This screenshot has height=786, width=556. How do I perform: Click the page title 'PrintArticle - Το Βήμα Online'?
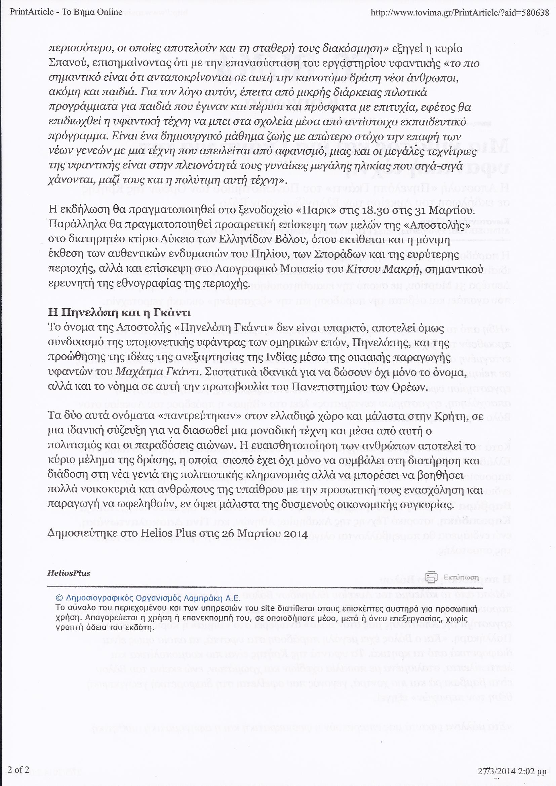[x=66, y=12]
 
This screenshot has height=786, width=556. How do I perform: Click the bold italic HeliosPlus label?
[x=69, y=573]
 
